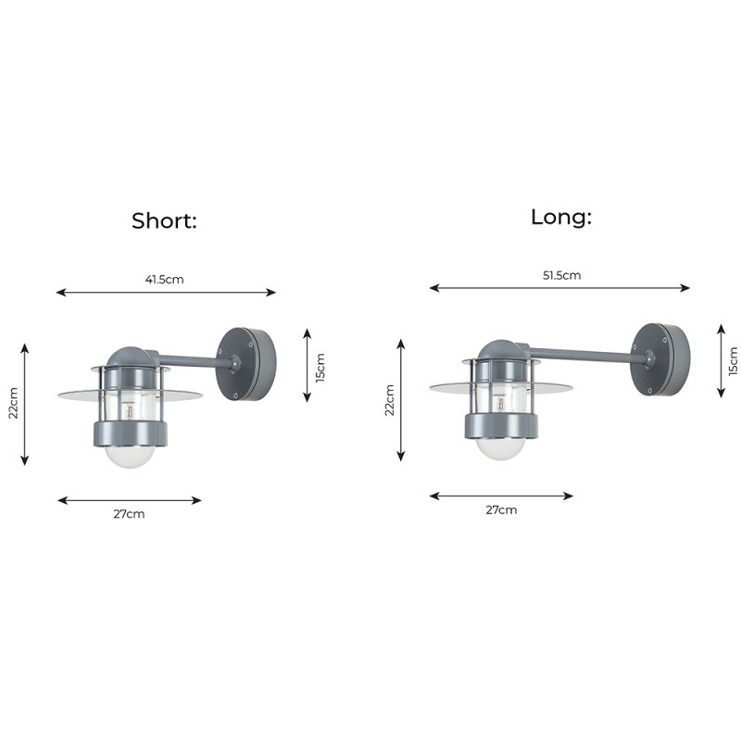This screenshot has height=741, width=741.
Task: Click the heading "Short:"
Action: pos(165,221)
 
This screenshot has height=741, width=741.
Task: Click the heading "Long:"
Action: pos(560,218)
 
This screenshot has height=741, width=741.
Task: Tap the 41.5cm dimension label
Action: pos(166,279)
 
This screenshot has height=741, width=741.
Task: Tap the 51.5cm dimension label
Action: pos(559,275)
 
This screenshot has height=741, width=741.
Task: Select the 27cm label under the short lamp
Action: pos(129,514)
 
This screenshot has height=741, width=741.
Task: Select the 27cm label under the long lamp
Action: pos(501,509)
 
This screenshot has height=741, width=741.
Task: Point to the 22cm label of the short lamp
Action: pos(14,403)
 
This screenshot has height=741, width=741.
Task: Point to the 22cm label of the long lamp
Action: pos(390,399)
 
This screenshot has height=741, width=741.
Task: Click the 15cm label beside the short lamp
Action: pos(320,367)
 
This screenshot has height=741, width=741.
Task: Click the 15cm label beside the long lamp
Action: pos(733,361)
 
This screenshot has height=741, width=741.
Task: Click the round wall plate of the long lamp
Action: pos(659,359)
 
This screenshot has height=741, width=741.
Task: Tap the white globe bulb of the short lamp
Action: pos(130,455)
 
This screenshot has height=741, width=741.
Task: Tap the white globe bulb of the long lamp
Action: pos(500,447)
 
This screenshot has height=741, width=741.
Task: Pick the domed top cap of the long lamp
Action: pos(500,350)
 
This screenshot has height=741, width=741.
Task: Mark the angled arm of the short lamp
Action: pos(190,359)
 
